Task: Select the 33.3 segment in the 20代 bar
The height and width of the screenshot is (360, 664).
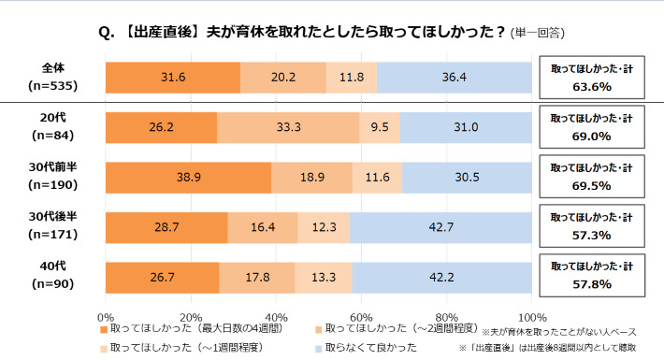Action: pos(288,127)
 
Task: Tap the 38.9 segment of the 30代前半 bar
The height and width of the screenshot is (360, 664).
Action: pos(188,177)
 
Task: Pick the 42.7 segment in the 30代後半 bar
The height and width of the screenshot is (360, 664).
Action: pos(440,227)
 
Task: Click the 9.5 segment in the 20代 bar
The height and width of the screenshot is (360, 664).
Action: pos(380,127)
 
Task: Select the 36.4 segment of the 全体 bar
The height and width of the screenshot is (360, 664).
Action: pos(455,77)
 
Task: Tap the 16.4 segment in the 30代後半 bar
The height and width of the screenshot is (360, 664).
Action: pos(263,227)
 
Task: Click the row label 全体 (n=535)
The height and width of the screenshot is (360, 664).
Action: pos(53,78)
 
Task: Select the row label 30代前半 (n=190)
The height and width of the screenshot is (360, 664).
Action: pos(53,178)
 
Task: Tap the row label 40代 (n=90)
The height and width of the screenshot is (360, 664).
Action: pos(53,279)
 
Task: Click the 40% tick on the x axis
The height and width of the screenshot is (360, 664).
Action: pos(276,316)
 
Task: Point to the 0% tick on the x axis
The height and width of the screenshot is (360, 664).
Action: pos(106,316)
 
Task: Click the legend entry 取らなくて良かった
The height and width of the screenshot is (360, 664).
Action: pos(369,348)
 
